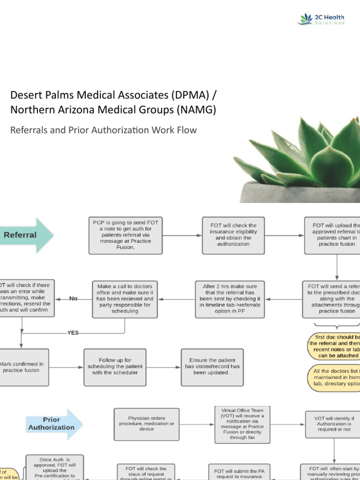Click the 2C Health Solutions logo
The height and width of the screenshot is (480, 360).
[x=321, y=19]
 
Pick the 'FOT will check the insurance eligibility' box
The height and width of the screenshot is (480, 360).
[x=233, y=235]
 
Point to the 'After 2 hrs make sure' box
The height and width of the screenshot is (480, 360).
[x=230, y=299]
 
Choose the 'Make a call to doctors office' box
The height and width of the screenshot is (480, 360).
[x=124, y=299]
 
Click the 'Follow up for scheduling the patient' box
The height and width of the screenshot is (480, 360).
[x=114, y=367]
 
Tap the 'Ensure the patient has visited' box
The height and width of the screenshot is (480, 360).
[x=212, y=367]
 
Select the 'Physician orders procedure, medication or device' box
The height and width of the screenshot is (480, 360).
[x=146, y=424]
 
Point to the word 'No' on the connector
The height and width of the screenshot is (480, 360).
[x=73, y=299]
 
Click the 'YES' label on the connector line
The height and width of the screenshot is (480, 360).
[x=73, y=333]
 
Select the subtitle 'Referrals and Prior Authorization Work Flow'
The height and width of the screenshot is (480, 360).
[x=103, y=130]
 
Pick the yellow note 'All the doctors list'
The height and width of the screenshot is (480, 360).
[x=336, y=377]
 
